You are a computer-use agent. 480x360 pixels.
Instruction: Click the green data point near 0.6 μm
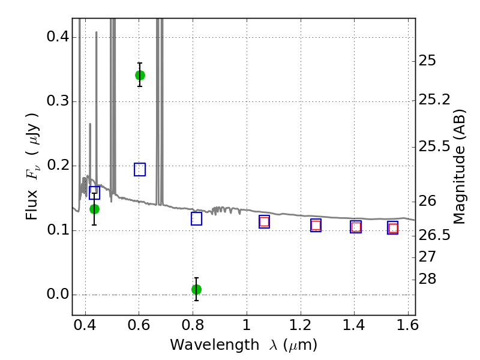(140, 75)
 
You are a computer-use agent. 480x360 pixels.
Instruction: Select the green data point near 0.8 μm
(197, 289)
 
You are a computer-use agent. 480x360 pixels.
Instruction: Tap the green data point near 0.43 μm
(94, 209)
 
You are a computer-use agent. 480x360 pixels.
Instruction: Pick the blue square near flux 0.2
(140, 169)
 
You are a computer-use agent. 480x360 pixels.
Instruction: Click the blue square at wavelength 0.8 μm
(197, 218)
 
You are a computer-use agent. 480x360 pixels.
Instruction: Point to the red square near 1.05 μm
(265, 221)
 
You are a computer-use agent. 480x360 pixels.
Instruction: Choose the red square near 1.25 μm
(316, 226)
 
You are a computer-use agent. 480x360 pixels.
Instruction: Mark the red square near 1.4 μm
(356, 227)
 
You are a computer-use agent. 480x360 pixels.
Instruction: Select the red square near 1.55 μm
(393, 228)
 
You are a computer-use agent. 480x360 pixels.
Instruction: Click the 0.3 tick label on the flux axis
(58, 101)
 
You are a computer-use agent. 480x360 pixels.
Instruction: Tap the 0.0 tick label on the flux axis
(58, 294)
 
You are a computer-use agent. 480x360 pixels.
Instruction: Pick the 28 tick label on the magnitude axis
(427, 279)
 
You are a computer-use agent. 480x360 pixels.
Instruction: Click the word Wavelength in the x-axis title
(215, 345)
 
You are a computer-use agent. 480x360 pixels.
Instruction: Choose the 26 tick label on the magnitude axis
(427, 202)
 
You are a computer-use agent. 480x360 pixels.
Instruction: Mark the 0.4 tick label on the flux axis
(58, 37)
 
